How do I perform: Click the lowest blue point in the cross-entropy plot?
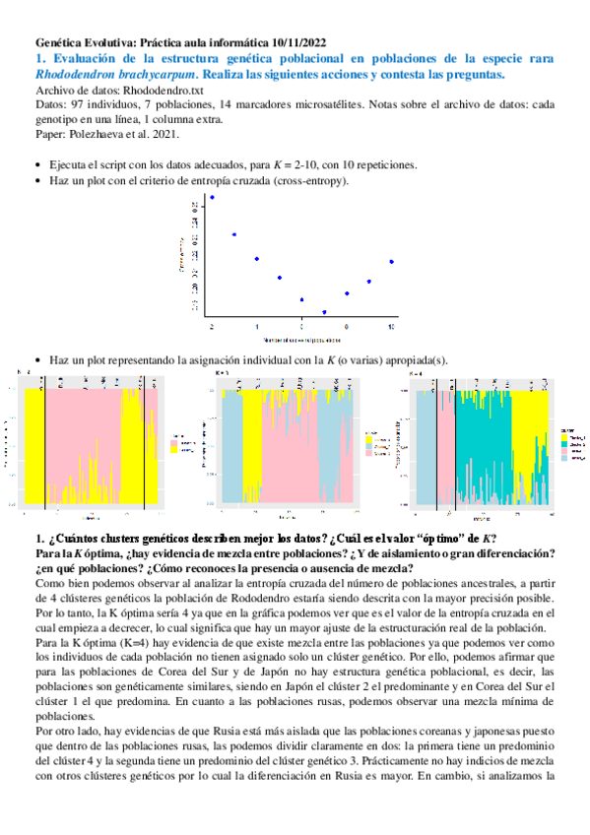coord(324,312)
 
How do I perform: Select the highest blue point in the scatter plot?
coord(212,197)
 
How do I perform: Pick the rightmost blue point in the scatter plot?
coord(392,261)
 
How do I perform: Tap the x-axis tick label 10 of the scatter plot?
coord(392,325)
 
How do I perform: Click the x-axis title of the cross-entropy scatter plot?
coord(301,338)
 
